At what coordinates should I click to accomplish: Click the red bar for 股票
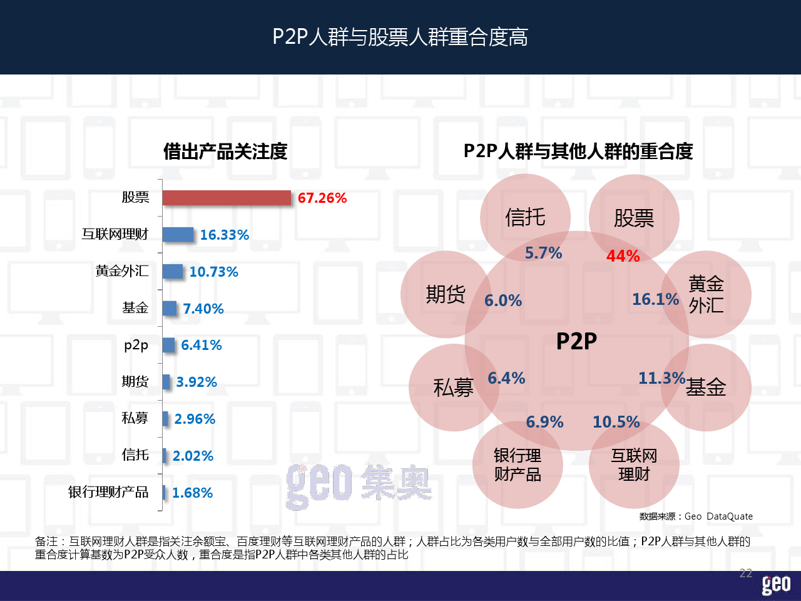(x=227, y=198)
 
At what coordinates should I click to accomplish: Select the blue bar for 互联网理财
(x=178, y=235)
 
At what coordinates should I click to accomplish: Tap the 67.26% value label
(x=322, y=198)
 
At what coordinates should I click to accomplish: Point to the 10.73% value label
(x=213, y=272)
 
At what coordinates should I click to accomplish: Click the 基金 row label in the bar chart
(x=135, y=308)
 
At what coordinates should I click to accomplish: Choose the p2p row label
(x=136, y=345)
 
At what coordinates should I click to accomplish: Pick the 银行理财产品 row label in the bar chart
(x=108, y=492)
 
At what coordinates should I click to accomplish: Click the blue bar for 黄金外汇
(x=172, y=272)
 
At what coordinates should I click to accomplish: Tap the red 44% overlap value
(x=623, y=256)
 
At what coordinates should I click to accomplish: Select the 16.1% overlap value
(x=655, y=299)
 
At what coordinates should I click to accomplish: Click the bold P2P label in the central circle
(x=576, y=341)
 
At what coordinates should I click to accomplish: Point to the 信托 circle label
(x=525, y=217)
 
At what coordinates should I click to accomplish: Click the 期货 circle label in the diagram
(x=446, y=294)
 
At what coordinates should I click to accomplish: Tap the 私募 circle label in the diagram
(x=454, y=388)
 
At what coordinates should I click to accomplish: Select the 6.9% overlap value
(x=544, y=422)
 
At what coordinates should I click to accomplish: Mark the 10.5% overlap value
(x=616, y=422)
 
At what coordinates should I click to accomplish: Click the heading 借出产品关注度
(x=225, y=151)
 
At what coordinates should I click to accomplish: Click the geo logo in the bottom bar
(x=776, y=585)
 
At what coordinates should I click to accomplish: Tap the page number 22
(x=746, y=573)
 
